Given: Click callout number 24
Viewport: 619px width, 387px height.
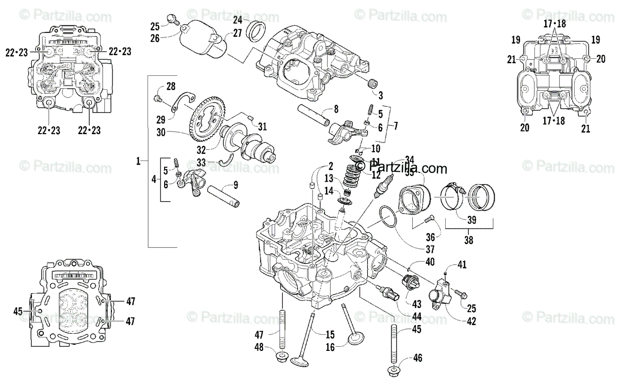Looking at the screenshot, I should coord(237,20).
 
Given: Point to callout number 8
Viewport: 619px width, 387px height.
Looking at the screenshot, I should coord(336,109).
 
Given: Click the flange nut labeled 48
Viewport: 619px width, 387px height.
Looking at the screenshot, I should coord(283,356).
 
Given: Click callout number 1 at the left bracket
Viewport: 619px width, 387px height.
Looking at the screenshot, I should coord(138,162).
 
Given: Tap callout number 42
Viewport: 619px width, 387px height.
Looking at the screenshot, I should coord(471,321).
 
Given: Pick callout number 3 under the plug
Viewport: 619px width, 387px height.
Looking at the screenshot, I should coord(381,95).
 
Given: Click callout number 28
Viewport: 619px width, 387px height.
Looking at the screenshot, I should coord(170,86).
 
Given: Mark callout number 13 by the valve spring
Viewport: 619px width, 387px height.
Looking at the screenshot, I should coord(329,178).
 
